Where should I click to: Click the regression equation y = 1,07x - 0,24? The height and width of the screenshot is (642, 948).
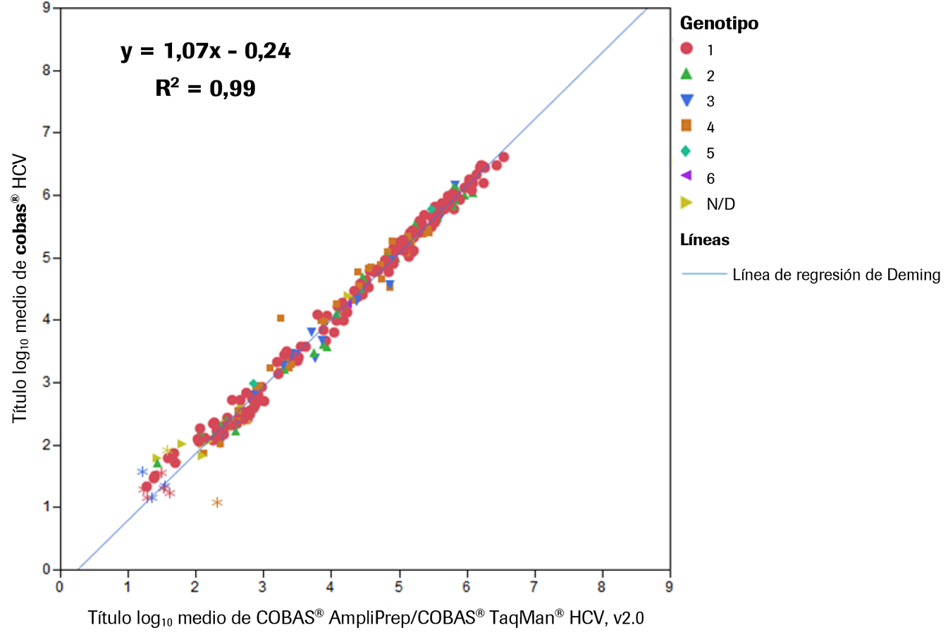point(205,51)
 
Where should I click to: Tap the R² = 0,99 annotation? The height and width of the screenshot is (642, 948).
point(205,88)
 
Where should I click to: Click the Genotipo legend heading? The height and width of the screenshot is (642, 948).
point(719,23)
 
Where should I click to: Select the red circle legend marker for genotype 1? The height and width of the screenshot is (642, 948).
point(687,49)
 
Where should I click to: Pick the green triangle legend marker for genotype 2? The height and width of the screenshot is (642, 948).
point(687,74)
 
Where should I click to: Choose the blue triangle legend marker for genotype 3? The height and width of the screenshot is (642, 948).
point(687,101)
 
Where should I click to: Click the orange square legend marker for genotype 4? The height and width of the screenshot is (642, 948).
point(687,125)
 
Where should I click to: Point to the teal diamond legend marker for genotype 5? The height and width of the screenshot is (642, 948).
point(687,152)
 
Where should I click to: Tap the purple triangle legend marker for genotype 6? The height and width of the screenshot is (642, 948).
point(687,176)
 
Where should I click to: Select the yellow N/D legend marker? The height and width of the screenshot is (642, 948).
point(687,203)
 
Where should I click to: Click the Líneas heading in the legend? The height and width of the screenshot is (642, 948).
point(704,240)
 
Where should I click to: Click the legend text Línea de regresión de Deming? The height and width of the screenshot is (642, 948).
point(836,275)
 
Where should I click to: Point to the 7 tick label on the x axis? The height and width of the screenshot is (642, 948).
point(534,587)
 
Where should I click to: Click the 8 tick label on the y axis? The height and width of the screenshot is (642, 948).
point(47,70)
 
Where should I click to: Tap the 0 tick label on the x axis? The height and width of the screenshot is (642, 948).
point(60,587)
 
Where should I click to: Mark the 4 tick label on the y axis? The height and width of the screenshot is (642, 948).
point(47,320)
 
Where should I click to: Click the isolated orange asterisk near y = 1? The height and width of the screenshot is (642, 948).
point(217,502)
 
